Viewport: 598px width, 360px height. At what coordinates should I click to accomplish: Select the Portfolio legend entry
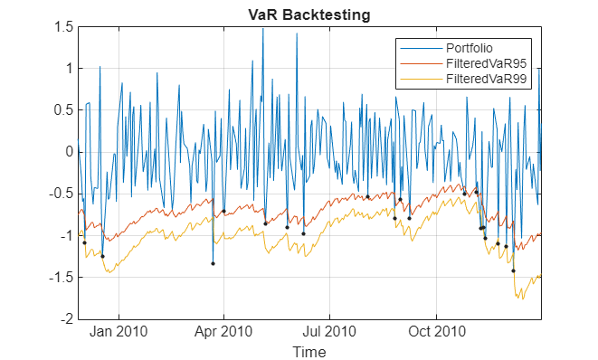pos(474,48)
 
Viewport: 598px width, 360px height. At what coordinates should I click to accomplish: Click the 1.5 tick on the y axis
pos(62,27)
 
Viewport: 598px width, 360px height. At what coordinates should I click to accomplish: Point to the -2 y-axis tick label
pos(65,319)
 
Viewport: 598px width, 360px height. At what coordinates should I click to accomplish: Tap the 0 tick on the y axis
pos(68,152)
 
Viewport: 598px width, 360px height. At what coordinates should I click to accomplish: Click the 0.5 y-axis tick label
pos(62,110)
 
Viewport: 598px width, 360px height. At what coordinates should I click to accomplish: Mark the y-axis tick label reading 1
pos(68,69)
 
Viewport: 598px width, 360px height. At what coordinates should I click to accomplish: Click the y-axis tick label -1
pos(65,236)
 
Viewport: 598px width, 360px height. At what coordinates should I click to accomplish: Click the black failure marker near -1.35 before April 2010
pos(213,263)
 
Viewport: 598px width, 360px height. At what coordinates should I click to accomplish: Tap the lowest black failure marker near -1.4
pos(513,270)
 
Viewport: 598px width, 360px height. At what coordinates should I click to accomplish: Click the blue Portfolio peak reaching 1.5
pos(263,29)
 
